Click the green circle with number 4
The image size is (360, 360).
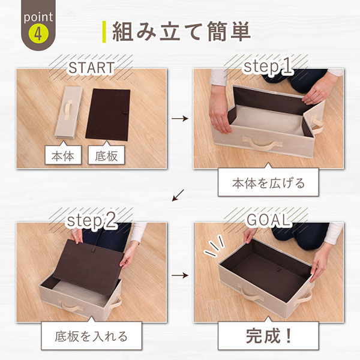tap(37, 34)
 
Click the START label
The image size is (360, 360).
tap(91, 68)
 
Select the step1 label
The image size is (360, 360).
tap(268, 67)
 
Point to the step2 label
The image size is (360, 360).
tap(91, 221)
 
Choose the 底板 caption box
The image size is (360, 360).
tap(108, 157)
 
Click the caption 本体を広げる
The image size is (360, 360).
tap(268, 184)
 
